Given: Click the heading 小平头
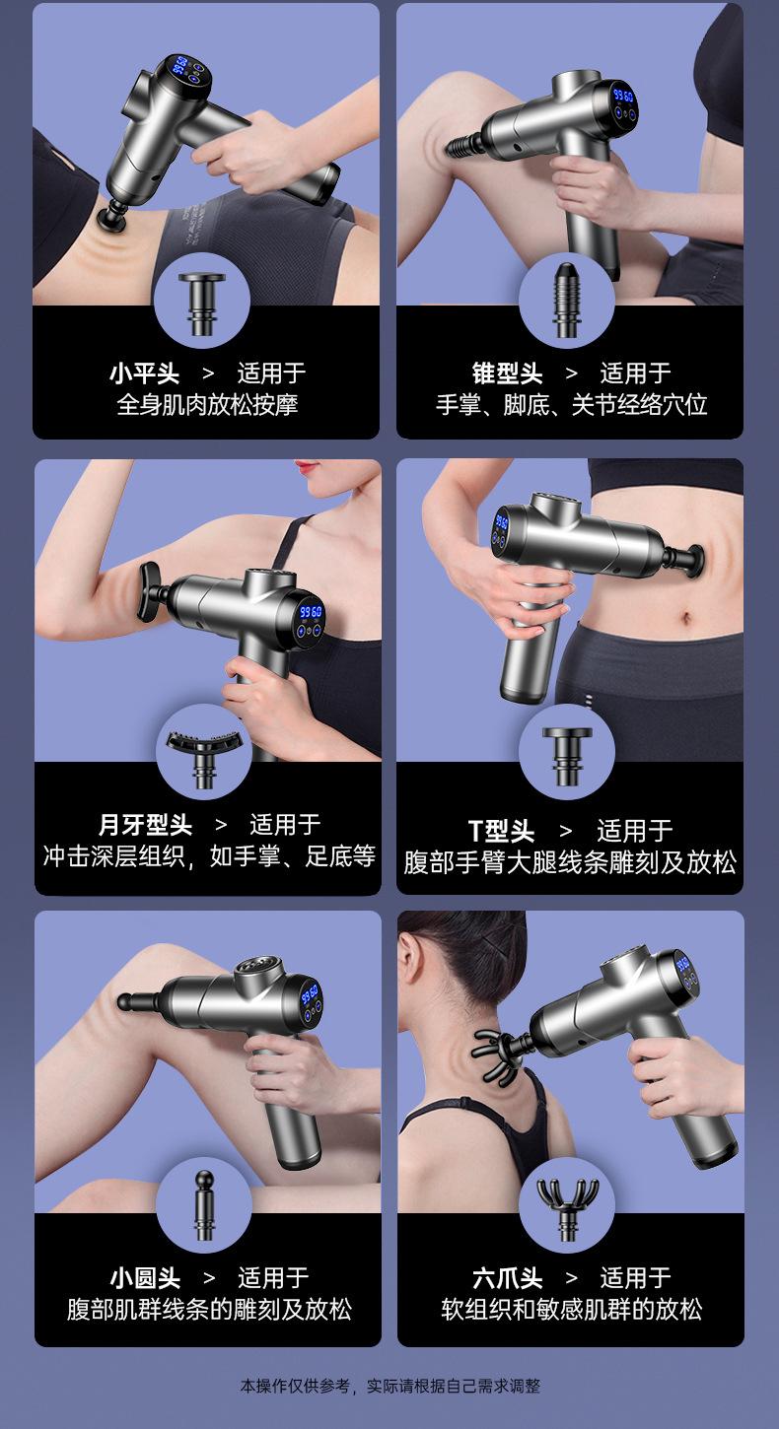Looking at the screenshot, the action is tap(144, 374).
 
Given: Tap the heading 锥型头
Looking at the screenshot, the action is tap(507, 374).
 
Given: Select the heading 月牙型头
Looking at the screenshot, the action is tap(145, 824).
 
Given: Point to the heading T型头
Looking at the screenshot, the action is tap(501, 831).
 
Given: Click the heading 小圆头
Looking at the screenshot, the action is tap(145, 1278).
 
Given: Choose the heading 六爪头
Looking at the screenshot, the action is tap(507, 1278).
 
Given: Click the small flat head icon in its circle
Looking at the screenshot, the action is tap(202, 304).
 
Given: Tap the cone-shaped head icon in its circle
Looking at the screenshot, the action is tap(566, 300).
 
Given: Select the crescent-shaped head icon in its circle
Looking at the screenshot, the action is tap(204, 759).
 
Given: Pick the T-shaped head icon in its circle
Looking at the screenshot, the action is tap(567, 757).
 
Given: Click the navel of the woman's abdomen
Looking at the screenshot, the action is tap(685, 618).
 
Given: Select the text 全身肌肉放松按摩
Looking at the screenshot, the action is tap(207, 404).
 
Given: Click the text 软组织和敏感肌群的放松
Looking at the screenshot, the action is tap(572, 1309).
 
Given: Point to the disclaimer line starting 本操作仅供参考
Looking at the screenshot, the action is tap(390, 1386).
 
